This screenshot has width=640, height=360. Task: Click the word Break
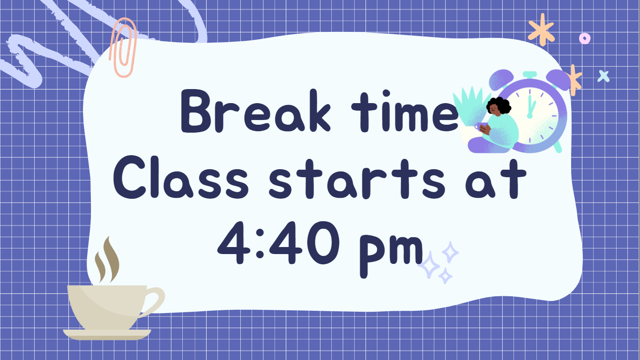click(256, 111)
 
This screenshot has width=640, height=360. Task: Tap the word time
click(405, 111)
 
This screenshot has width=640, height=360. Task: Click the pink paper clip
click(123, 47)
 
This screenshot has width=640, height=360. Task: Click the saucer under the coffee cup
click(107, 335)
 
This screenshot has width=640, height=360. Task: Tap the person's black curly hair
click(499, 105)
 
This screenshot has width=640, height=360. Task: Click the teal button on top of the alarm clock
click(530, 75)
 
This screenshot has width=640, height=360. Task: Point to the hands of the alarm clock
click(530, 106)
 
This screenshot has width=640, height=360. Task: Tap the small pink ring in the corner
click(585, 38)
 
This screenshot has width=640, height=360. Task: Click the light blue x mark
click(603, 76)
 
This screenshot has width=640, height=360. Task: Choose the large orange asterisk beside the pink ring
click(541, 30)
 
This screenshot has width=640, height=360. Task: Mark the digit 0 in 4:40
click(323, 243)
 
